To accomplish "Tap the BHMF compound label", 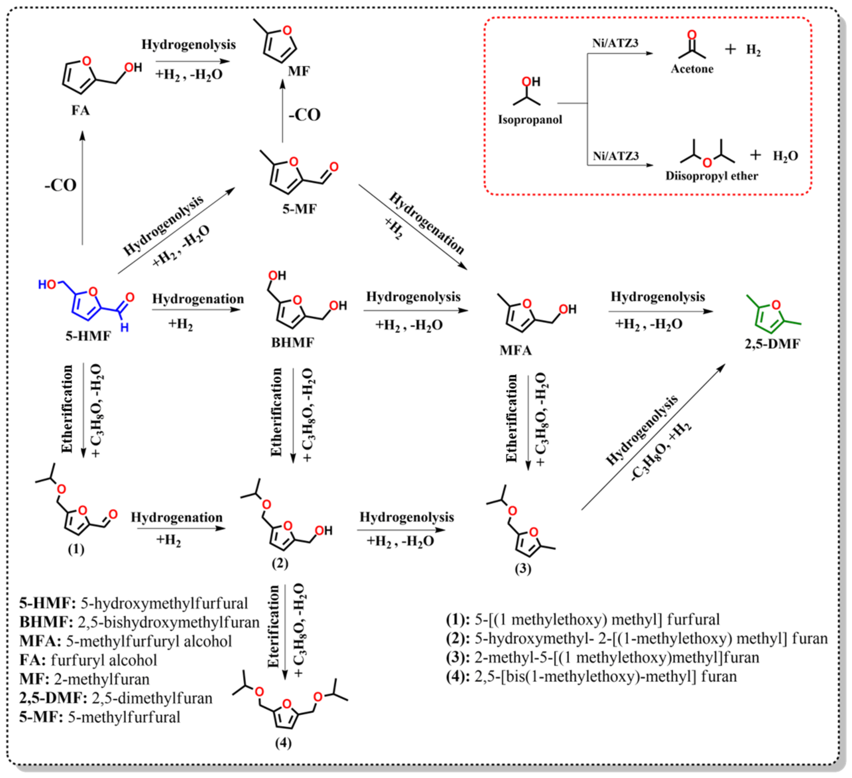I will pyautogui.click(x=292, y=342).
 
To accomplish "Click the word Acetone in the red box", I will pyautogui.click(x=692, y=69).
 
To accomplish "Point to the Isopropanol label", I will pyautogui.click(x=530, y=120).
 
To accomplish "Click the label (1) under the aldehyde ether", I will pyautogui.click(x=76, y=549).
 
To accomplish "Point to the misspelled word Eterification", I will pyautogui.click(x=274, y=626).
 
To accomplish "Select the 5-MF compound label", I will pyautogui.click(x=299, y=209).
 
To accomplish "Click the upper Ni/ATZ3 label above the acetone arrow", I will pyautogui.click(x=615, y=43).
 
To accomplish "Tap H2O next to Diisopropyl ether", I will pyautogui.click(x=785, y=156).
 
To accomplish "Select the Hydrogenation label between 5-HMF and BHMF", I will pyautogui.click(x=198, y=299).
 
